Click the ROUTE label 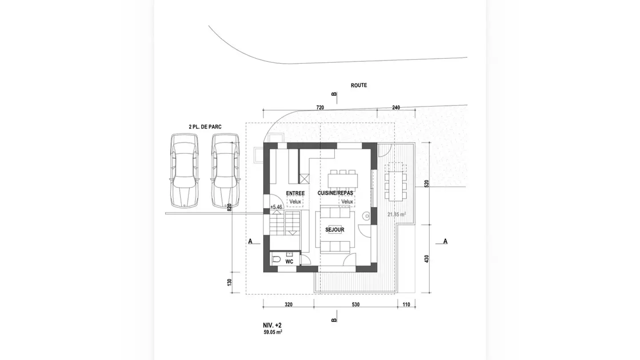359,85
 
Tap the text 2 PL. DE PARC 205,127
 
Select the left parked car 184,170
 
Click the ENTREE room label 296,193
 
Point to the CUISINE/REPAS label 336,193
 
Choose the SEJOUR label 335,230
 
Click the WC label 289,262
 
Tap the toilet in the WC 276,260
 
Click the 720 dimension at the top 320,108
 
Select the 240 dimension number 396,108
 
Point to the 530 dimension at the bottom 356,304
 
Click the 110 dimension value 406,304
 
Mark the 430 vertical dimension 427,259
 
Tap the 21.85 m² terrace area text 396,214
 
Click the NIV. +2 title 272,325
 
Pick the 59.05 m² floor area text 273,332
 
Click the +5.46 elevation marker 276,207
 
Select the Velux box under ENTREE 295,201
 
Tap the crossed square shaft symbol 304,179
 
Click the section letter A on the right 445,241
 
